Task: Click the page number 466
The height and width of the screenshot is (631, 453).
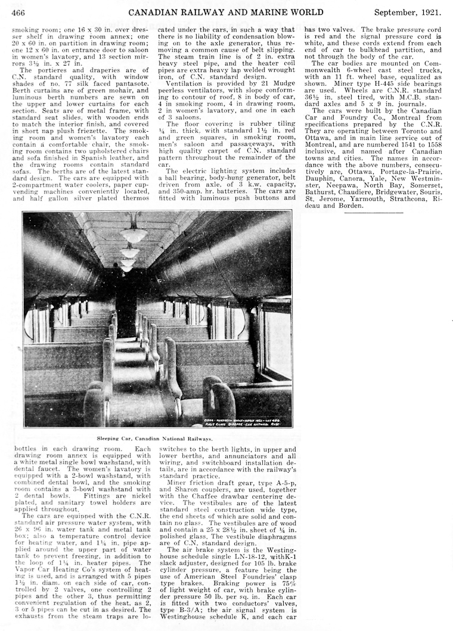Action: (17, 11)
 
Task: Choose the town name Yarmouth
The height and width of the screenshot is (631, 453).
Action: (364, 199)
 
